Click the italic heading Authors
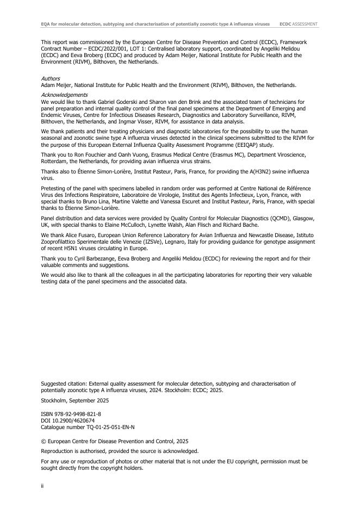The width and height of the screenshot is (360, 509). (x=51, y=79)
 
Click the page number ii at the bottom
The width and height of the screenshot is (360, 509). (x=42, y=486)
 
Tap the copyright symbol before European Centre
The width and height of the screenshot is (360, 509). (x=44, y=440)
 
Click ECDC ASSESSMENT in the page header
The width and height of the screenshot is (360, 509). (x=299, y=24)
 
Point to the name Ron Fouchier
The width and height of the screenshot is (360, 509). (x=86, y=154)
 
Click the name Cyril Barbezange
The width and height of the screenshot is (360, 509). (x=96, y=258)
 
